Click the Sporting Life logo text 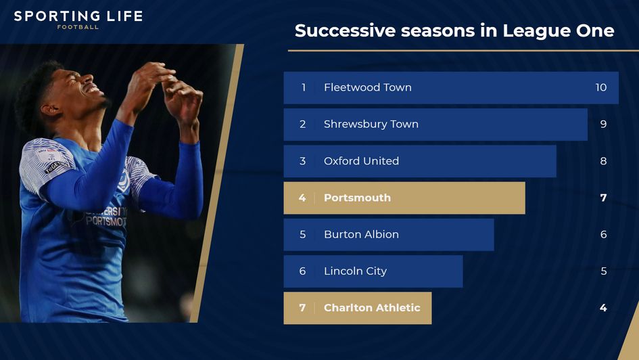pos(78,16)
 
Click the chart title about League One pos(454,30)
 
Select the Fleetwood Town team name pos(367,87)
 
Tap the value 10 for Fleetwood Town pos(600,87)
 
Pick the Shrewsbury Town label pos(371,124)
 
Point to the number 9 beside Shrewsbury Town pos(603,124)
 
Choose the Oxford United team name pos(361,161)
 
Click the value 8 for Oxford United pos(603,161)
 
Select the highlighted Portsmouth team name pos(357,198)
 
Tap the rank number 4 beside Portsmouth pos(302,198)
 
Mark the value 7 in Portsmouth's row pos(603,198)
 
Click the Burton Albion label pos(361,234)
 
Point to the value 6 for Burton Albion pos(603,234)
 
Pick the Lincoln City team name pos(355,271)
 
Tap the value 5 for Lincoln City pos(603,271)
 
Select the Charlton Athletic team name pos(372,308)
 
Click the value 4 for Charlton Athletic pos(603,308)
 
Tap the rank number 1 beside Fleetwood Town pos(304,87)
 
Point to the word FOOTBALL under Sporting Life pos(78,28)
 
